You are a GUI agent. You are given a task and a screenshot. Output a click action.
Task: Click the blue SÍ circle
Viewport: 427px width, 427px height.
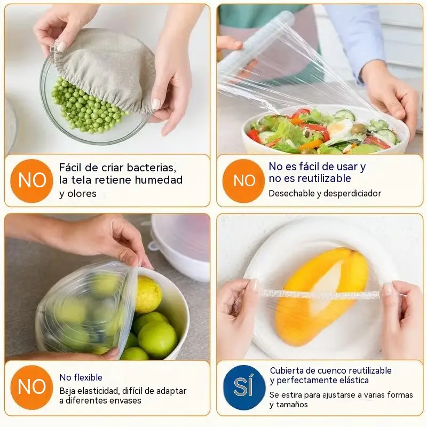[244, 388]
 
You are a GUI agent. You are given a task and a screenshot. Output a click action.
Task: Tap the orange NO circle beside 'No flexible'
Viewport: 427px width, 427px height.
[31, 388]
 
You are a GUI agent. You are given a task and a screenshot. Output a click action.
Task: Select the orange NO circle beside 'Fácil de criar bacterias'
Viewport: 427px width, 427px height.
[31, 181]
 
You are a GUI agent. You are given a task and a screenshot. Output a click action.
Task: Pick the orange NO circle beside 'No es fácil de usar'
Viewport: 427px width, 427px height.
[244, 181]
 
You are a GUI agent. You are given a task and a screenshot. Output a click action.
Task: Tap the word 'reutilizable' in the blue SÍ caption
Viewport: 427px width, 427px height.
[370, 370]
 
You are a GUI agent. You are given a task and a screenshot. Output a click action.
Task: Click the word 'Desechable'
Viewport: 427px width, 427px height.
[291, 193]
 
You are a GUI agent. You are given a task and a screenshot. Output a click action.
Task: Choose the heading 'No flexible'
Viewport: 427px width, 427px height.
[81, 377]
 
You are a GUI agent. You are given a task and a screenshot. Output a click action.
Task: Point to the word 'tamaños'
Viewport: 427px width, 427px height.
[292, 405]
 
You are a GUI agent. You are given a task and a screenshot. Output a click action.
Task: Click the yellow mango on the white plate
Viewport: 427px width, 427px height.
[322, 296]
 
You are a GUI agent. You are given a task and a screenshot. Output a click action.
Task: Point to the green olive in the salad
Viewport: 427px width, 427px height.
[358, 129]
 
